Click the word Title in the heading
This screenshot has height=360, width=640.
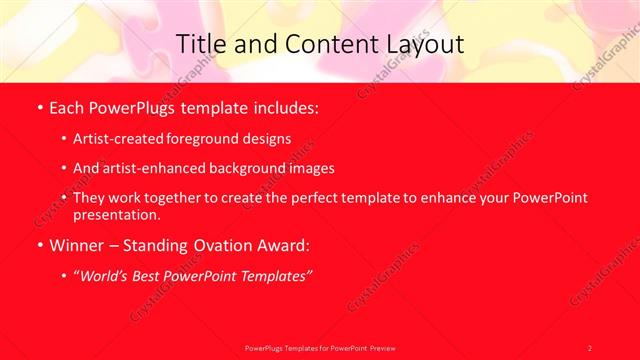[200, 44]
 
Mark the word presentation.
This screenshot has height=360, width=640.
[116, 214]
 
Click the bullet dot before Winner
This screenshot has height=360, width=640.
[38, 244]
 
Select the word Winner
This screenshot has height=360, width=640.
[75, 244]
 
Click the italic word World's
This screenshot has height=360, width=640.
[109, 274]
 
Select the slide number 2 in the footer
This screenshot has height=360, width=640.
[590, 347]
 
